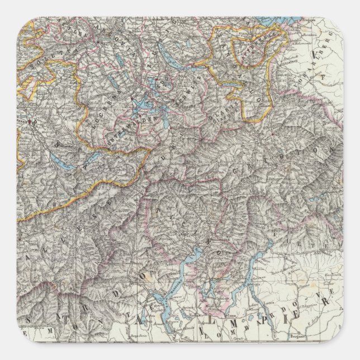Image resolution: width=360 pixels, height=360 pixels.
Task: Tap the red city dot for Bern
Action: (x=26, y=120)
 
